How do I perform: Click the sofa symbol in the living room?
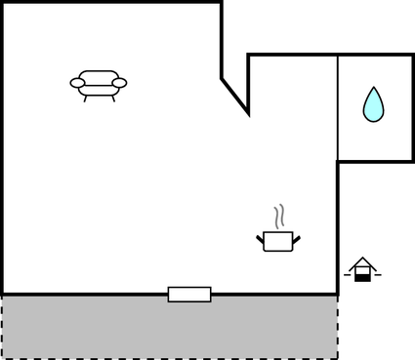(99, 84)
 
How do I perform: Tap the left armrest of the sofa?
(78, 84)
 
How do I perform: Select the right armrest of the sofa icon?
(119, 84)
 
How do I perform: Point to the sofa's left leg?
(86, 97)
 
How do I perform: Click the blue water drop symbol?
(373, 105)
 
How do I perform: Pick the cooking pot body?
(278, 241)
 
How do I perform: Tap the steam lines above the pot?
(280, 216)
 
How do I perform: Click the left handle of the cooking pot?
(260, 237)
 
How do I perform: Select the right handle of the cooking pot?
(297, 237)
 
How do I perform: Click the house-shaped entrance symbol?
(362, 270)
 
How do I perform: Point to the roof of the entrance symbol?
(362, 262)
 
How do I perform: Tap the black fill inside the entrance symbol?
(362, 277)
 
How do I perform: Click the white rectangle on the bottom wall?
(189, 295)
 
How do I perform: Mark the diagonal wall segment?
(234, 96)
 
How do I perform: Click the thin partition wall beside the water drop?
(338, 107)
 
